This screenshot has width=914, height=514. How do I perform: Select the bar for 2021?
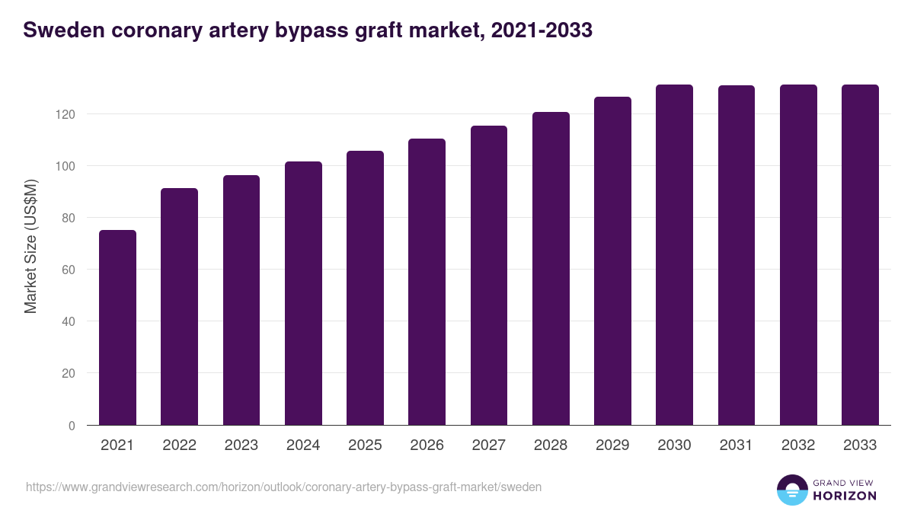point(117,327)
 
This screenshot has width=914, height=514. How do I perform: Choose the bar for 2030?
point(674,254)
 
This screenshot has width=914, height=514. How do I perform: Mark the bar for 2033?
point(860,254)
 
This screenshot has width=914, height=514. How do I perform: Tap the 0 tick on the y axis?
point(72,426)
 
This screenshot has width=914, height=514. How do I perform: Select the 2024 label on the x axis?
point(303,445)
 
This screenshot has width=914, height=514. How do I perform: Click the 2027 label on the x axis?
point(489,445)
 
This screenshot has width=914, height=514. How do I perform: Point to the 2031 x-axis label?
point(737,445)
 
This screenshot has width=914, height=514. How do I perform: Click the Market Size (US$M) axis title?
point(30,245)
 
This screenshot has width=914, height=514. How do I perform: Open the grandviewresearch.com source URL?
point(283,487)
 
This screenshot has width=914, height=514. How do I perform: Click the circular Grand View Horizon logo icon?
point(791,490)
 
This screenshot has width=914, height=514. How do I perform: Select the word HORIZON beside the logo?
point(845,496)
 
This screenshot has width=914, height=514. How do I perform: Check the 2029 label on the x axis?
point(612,445)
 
